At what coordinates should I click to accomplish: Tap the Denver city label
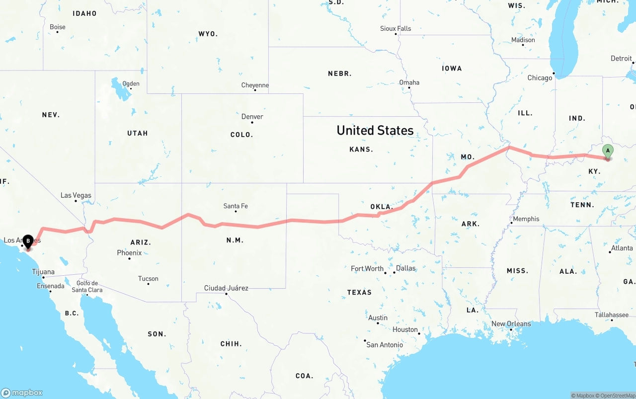pos(252,117)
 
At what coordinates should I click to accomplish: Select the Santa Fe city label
pos(236,206)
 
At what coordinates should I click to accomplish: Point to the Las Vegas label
pos(76,195)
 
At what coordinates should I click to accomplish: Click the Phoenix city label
pos(129,253)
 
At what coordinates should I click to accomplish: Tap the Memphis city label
pos(526,219)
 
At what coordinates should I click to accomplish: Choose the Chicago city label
pos(540,78)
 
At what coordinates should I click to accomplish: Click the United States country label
pos(375,130)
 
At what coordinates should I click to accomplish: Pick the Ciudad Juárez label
pos(226,288)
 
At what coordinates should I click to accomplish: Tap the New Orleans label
pos(511,324)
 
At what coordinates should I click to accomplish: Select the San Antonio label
pos(385,345)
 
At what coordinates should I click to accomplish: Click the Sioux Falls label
pos(396,29)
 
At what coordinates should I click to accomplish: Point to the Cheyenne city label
pos(255,85)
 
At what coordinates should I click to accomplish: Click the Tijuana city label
pos(43,272)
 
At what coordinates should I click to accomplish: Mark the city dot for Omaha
pos(409,88)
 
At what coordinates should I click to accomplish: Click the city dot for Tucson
pos(149,284)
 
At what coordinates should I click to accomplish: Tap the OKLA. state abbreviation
pos(381,207)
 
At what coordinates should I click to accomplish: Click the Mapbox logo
pos(22,393)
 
